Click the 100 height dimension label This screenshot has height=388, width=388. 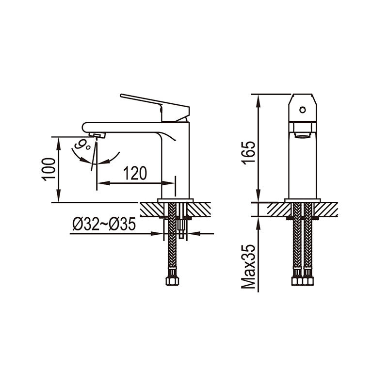pyautogui.click(x=49, y=169)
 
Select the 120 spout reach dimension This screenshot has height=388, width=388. pyautogui.click(x=135, y=173)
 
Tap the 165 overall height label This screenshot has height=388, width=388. pyautogui.click(x=248, y=153)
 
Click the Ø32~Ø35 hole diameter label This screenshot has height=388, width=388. pyautogui.click(x=104, y=224)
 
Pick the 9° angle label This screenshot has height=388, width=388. pyautogui.click(x=82, y=145)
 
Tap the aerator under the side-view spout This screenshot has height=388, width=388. pyautogui.click(x=97, y=135)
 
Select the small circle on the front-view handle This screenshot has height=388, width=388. pyautogui.click(x=302, y=110)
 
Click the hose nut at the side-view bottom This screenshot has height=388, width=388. pyautogui.click(x=172, y=281)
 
